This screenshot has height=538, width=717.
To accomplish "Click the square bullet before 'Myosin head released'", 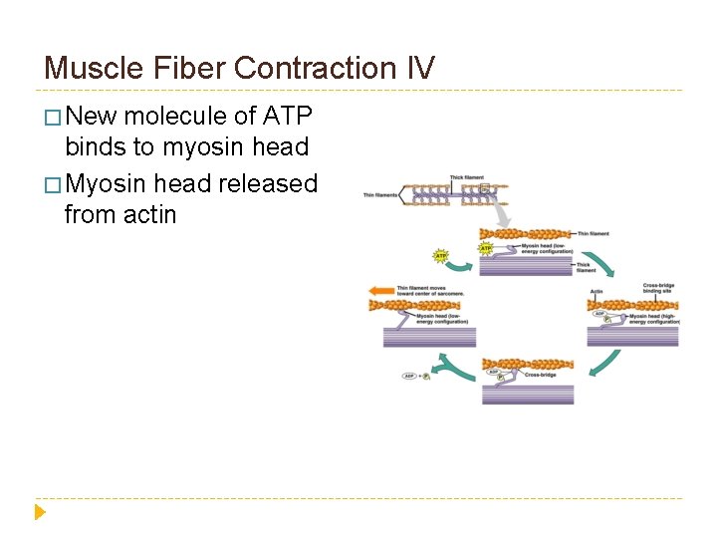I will point(52,184).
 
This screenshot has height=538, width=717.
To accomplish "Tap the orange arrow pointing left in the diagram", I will point(381,292).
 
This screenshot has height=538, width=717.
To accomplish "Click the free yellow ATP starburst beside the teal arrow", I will point(440,256).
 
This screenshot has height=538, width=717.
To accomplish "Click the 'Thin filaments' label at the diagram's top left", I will point(380,195).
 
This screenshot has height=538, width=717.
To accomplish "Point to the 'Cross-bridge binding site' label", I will point(658,289).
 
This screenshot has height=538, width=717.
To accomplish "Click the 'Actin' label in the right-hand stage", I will point(597,293).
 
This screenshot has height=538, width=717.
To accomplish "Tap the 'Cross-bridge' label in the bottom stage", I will point(540,376).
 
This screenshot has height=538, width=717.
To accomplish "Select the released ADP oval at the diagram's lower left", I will point(408,376).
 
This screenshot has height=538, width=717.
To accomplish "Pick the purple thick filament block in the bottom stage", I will point(528,393).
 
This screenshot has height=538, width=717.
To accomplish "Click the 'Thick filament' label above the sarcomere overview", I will point(466,177).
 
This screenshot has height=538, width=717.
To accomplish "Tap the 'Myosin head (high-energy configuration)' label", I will point(653,319).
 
